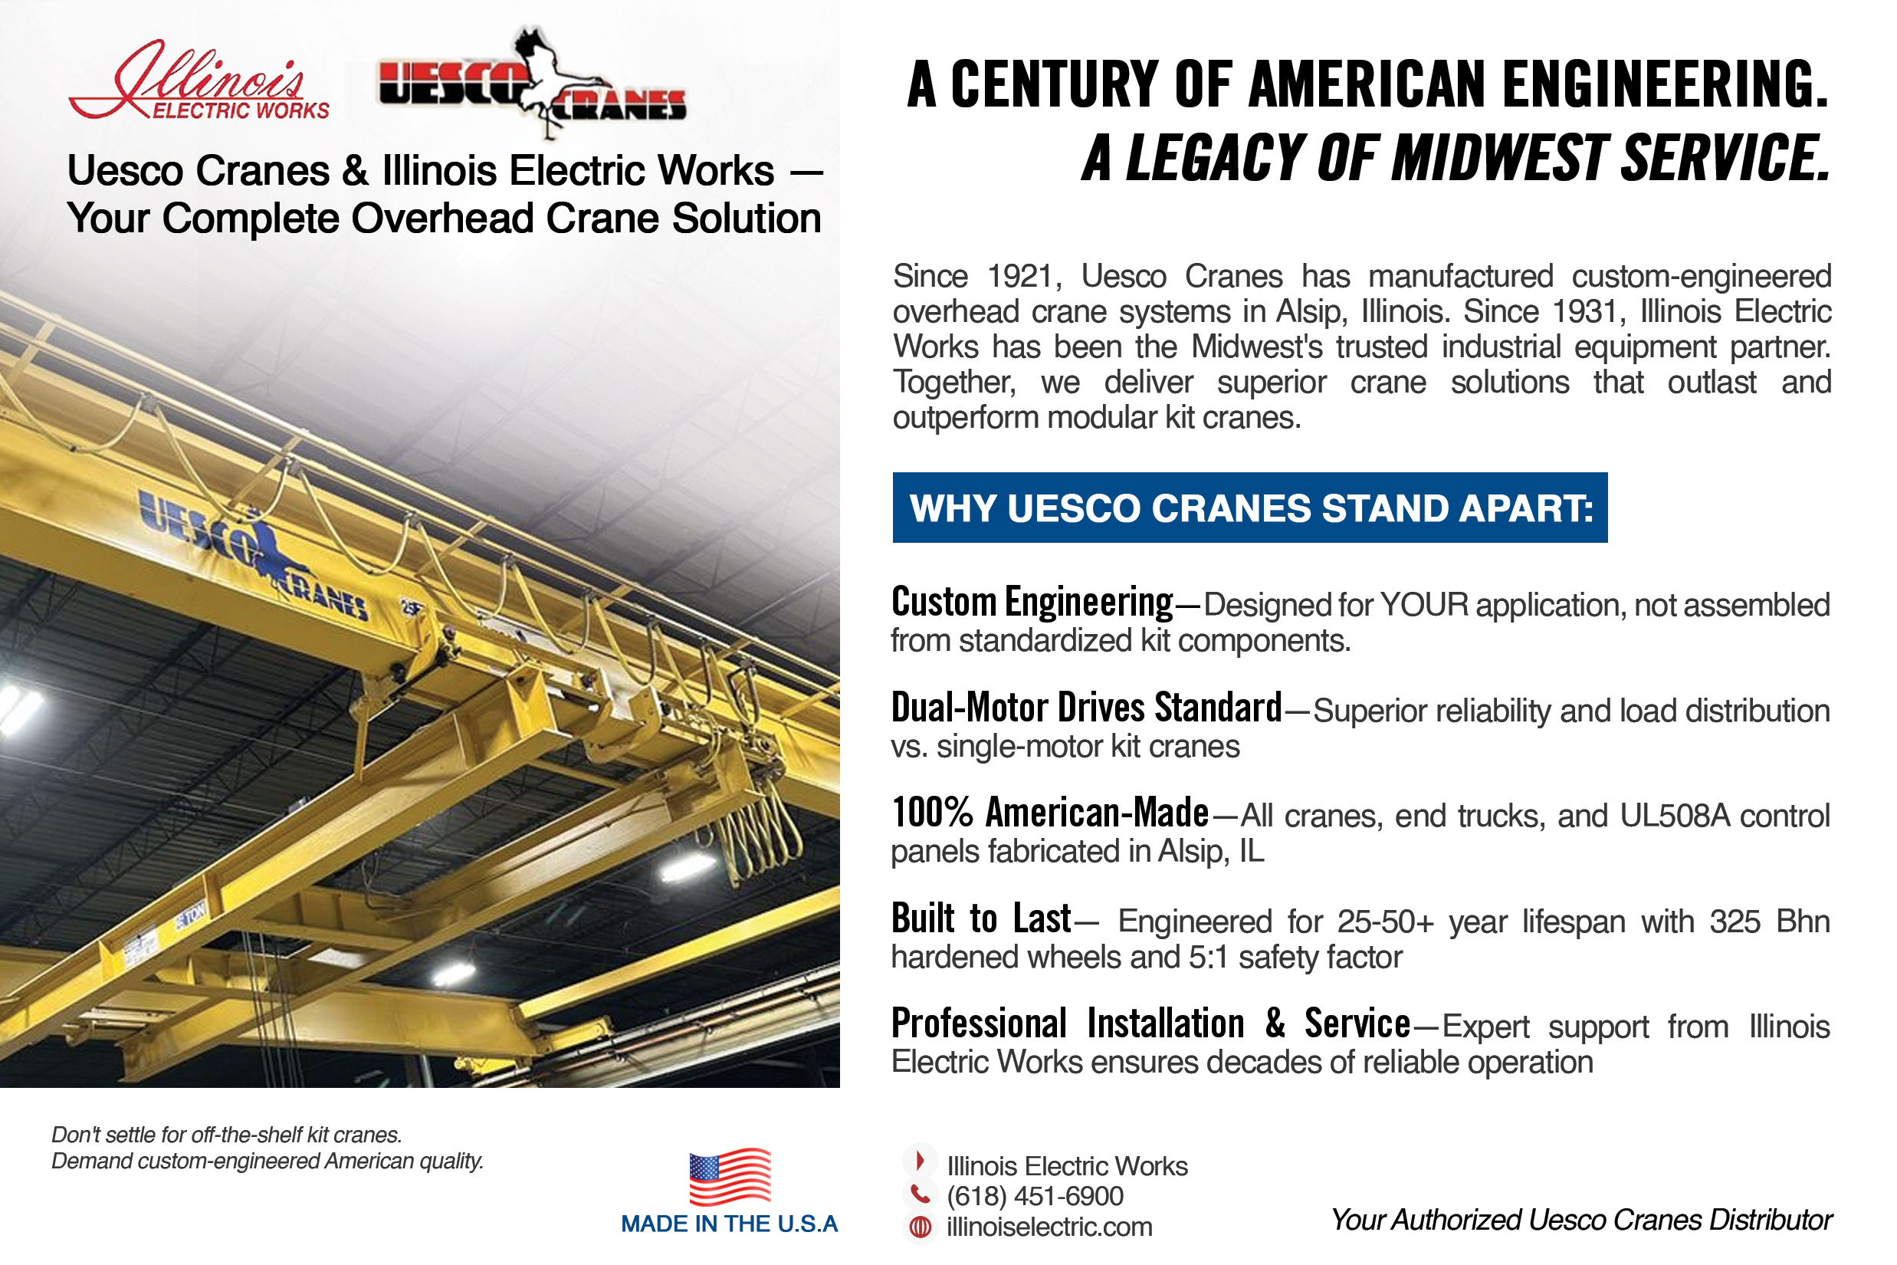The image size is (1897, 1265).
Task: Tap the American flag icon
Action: click(x=730, y=1176)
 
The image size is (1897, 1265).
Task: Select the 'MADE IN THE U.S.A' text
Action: click(x=729, y=1224)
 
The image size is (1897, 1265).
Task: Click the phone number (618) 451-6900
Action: click(x=1035, y=1197)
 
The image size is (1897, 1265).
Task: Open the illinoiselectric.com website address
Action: click(x=1049, y=1227)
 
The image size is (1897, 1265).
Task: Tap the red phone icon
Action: click(x=920, y=1194)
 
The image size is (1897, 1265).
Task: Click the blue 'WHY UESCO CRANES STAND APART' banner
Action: click(x=1249, y=508)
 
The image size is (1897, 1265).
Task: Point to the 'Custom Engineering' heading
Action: click(x=1032, y=603)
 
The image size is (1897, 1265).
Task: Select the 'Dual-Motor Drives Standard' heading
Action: click(x=1085, y=708)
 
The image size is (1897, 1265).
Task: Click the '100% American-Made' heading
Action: click(x=1049, y=813)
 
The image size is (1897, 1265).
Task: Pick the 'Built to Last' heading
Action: click(x=981, y=919)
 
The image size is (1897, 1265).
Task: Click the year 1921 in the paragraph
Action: click(x=1020, y=277)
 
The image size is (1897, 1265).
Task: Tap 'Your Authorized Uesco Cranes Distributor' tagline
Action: click(x=1580, y=1220)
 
